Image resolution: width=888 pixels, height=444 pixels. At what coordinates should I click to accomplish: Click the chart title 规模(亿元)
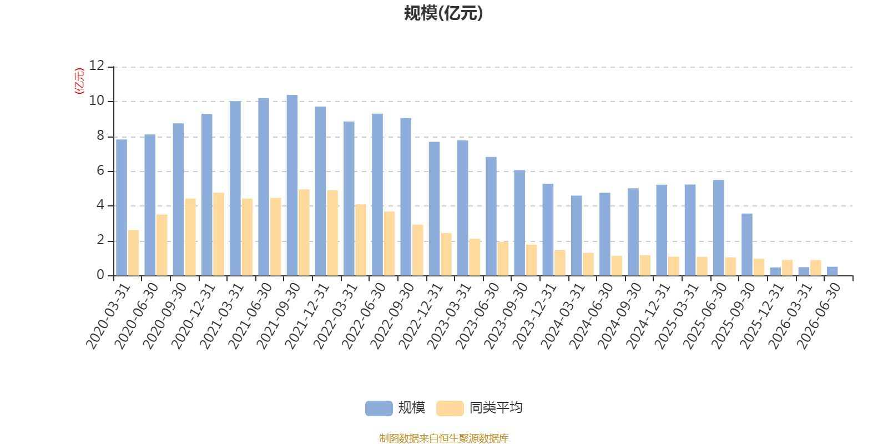[443, 13]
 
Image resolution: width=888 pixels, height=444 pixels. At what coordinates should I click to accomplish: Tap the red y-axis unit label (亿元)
[79, 81]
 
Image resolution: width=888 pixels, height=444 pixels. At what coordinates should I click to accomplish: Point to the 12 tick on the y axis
[97, 66]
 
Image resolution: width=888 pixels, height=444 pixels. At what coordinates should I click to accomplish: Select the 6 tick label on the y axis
[100, 171]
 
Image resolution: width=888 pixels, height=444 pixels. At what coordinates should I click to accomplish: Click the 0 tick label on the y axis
[100, 275]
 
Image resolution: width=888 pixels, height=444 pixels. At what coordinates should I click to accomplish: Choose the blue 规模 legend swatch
[379, 408]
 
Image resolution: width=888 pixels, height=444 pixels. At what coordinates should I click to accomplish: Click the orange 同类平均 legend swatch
[450, 408]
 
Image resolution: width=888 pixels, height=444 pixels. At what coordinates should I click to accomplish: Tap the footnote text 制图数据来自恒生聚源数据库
[443, 438]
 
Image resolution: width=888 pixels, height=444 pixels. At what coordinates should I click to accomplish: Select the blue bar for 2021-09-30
[292, 185]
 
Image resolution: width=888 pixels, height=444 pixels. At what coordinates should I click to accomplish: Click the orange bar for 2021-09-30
[304, 233]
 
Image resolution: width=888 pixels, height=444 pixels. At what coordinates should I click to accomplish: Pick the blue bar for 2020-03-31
[122, 208]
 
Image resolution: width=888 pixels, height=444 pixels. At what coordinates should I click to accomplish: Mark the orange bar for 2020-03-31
[133, 253]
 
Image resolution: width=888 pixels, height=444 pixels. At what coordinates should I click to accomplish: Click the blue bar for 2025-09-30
[747, 245]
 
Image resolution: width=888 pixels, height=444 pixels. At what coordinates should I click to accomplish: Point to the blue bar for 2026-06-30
[832, 271]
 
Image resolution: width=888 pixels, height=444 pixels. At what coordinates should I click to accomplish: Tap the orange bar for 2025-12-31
[787, 268]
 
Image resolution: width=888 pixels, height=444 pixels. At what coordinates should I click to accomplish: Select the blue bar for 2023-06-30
[491, 216]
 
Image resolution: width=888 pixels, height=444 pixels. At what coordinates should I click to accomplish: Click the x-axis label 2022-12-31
[420, 316]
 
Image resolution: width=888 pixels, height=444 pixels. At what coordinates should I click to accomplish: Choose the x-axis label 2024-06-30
[591, 316]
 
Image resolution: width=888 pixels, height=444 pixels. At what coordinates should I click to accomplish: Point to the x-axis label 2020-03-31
[108, 316]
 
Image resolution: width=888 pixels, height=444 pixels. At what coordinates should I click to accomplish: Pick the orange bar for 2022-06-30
[389, 244]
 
